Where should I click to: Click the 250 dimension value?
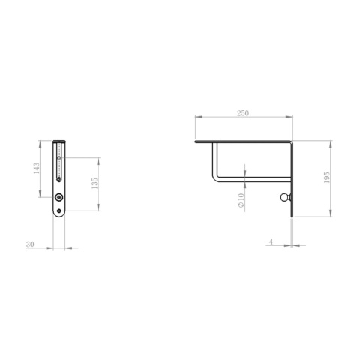coord(243,113)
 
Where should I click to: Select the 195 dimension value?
coord(327,178)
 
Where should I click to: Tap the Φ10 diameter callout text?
coord(241,200)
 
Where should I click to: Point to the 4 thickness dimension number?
coord(271,241)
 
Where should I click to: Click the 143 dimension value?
coord(37,169)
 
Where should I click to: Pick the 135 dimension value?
coord(94,183)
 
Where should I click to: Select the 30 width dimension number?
coord(30,244)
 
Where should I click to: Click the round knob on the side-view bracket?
coord(285,198)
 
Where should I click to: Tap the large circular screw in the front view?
coord(59,198)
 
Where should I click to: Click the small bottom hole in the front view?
coord(59,211)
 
